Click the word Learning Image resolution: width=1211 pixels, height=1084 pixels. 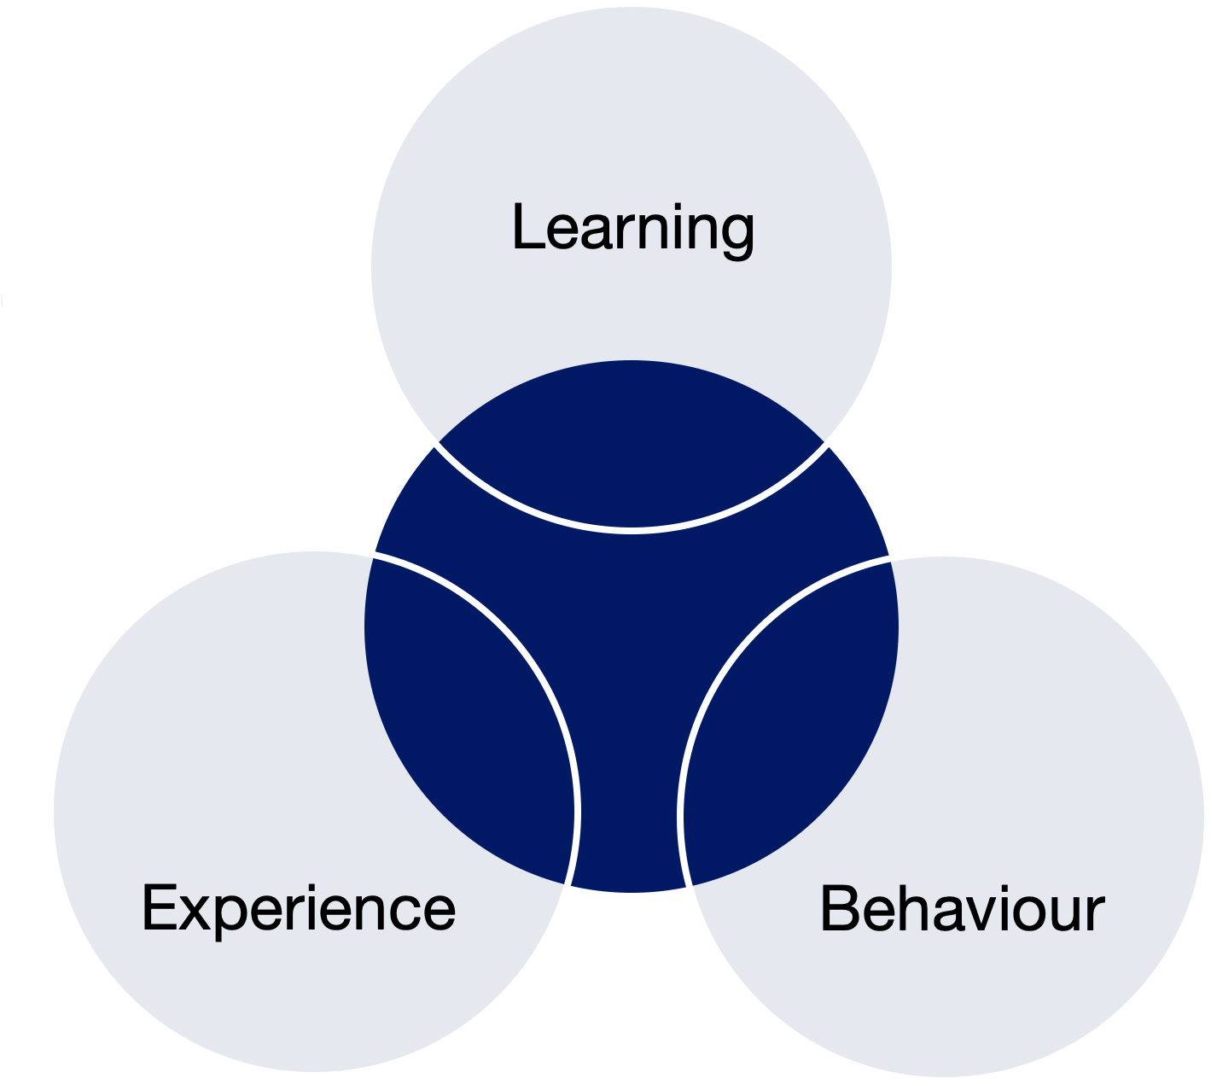click(x=633, y=231)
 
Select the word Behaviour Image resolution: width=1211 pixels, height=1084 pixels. click(x=963, y=908)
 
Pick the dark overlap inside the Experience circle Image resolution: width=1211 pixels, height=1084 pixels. click(x=466, y=718)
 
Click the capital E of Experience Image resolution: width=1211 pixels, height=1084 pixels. click(x=160, y=907)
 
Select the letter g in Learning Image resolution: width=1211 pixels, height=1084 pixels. click(x=737, y=238)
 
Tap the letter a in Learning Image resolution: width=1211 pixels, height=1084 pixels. click(x=599, y=232)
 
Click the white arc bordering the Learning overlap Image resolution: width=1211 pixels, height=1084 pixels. click(x=632, y=530)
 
